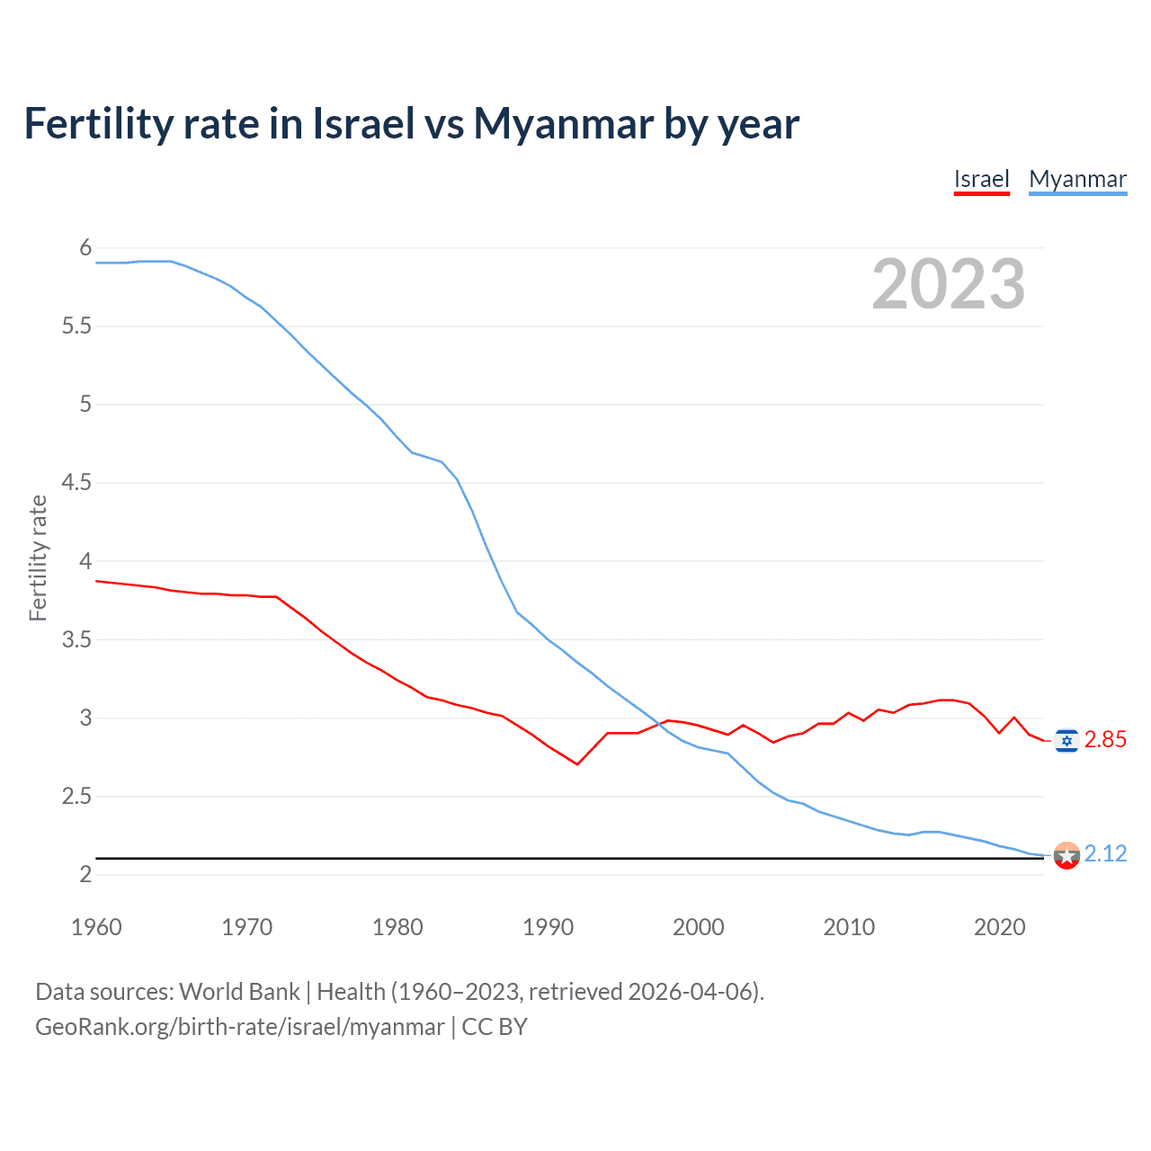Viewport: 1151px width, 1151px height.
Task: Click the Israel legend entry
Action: coord(981,179)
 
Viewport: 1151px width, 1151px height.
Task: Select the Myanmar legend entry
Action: coord(1077,179)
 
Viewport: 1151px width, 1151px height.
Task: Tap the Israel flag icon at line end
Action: coord(1066,740)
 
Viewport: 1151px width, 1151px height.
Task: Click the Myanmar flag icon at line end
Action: coord(1066,855)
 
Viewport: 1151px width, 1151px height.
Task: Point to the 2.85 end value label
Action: coord(1105,740)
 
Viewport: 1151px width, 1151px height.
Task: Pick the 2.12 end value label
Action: coord(1105,853)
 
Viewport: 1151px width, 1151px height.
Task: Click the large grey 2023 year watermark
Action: coord(948,284)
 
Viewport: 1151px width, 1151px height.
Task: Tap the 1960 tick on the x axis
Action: coord(96,927)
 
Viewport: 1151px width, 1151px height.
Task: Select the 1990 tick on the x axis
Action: coord(548,927)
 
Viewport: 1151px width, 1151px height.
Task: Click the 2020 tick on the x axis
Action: coord(999,927)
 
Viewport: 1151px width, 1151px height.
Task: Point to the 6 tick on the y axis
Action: coord(86,248)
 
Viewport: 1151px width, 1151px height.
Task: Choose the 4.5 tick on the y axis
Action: coord(77,483)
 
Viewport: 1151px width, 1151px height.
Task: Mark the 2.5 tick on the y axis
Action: coord(77,797)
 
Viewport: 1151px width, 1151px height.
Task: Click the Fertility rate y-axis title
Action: coord(38,558)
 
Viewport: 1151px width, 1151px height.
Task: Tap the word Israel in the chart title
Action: coord(363,124)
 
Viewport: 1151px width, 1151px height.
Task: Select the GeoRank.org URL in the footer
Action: coord(239,1027)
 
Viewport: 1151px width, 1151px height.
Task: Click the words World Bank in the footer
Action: coord(239,992)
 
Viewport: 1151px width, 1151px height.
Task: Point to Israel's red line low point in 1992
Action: coord(577,764)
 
